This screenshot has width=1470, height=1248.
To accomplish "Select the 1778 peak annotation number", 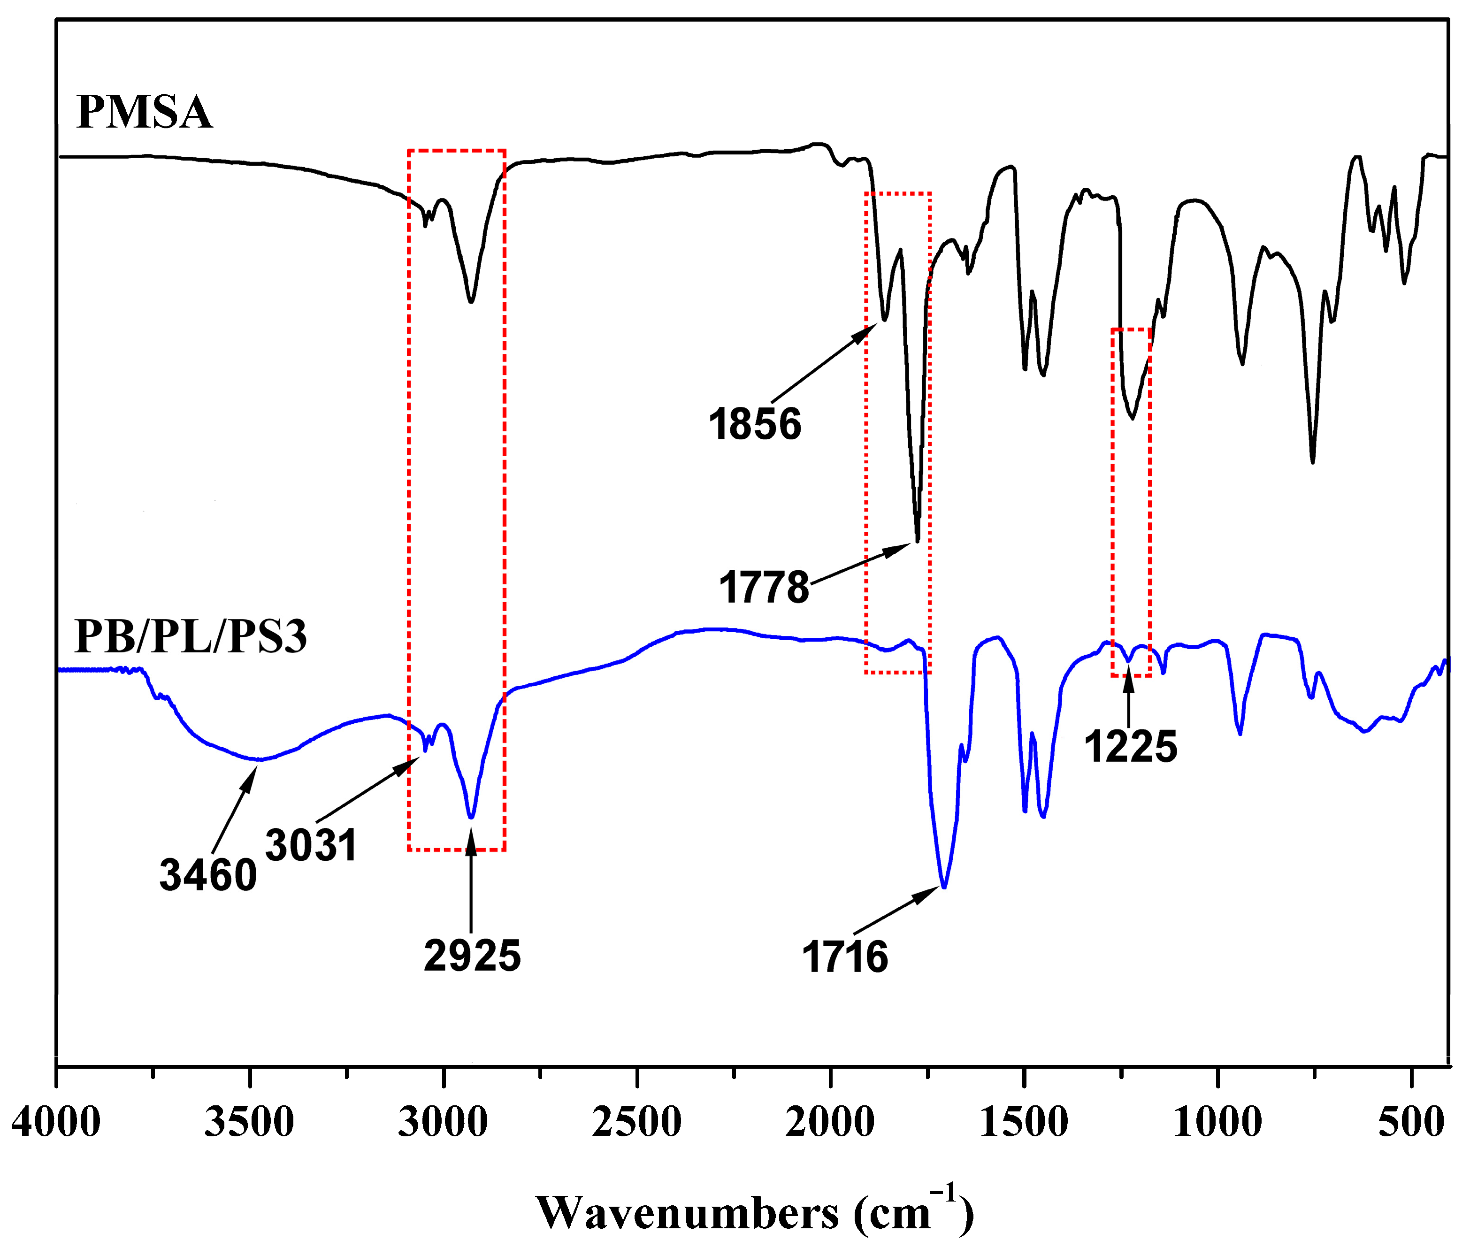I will click(x=764, y=587).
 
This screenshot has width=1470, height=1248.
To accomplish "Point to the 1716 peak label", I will click(x=845, y=957).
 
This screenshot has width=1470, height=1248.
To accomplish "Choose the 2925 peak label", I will click(x=472, y=955).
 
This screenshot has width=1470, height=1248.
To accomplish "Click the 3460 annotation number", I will click(x=208, y=875).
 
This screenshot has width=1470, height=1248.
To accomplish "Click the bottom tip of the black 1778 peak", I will click(x=918, y=541).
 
